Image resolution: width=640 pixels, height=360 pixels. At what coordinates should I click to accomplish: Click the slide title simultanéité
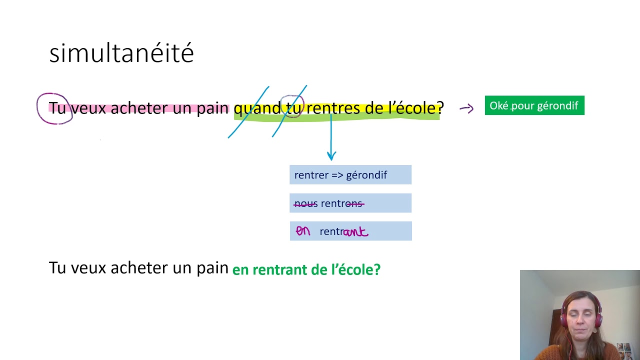pyautogui.click(x=121, y=53)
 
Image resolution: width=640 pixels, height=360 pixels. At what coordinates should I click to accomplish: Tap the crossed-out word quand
pyautogui.click(x=257, y=108)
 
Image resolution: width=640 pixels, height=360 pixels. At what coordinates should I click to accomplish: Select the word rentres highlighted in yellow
pyautogui.click(x=331, y=108)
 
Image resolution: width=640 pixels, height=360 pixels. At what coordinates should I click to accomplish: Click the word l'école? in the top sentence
pyautogui.click(x=416, y=108)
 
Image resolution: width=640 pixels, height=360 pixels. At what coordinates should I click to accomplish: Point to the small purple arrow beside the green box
pyautogui.click(x=466, y=108)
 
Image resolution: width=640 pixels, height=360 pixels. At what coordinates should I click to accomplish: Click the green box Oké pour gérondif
pyautogui.click(x=534, y=105)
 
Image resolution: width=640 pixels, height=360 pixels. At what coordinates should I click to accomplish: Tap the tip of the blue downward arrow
pyautogui.click(x=331, y=159)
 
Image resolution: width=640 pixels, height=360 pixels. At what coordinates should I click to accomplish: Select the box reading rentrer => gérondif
pyautogui.click(x=350, y=175)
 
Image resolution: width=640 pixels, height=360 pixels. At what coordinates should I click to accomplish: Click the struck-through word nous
pyautogui.click(x=305, y=203)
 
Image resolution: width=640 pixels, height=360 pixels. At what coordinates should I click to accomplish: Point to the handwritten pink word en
pyautogui.click(x=303, y=231)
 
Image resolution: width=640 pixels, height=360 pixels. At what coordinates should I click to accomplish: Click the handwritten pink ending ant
pyautogui.click(x=355, y=232)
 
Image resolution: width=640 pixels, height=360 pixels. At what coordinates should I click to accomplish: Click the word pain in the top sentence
pyautogui.click(x=212, y=108)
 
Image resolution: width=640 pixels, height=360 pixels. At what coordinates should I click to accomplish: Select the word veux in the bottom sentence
pyautogui.click(x=88, y=268)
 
